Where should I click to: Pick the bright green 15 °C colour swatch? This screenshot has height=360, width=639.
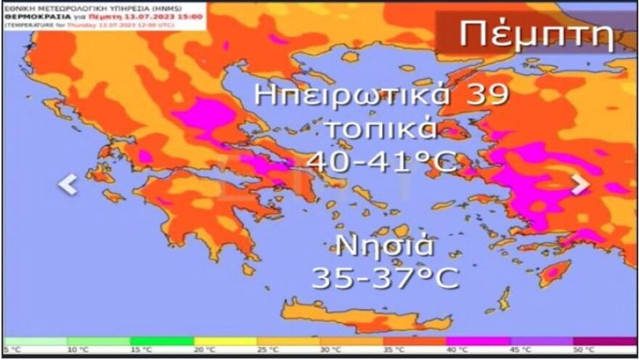coord(161,340)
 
